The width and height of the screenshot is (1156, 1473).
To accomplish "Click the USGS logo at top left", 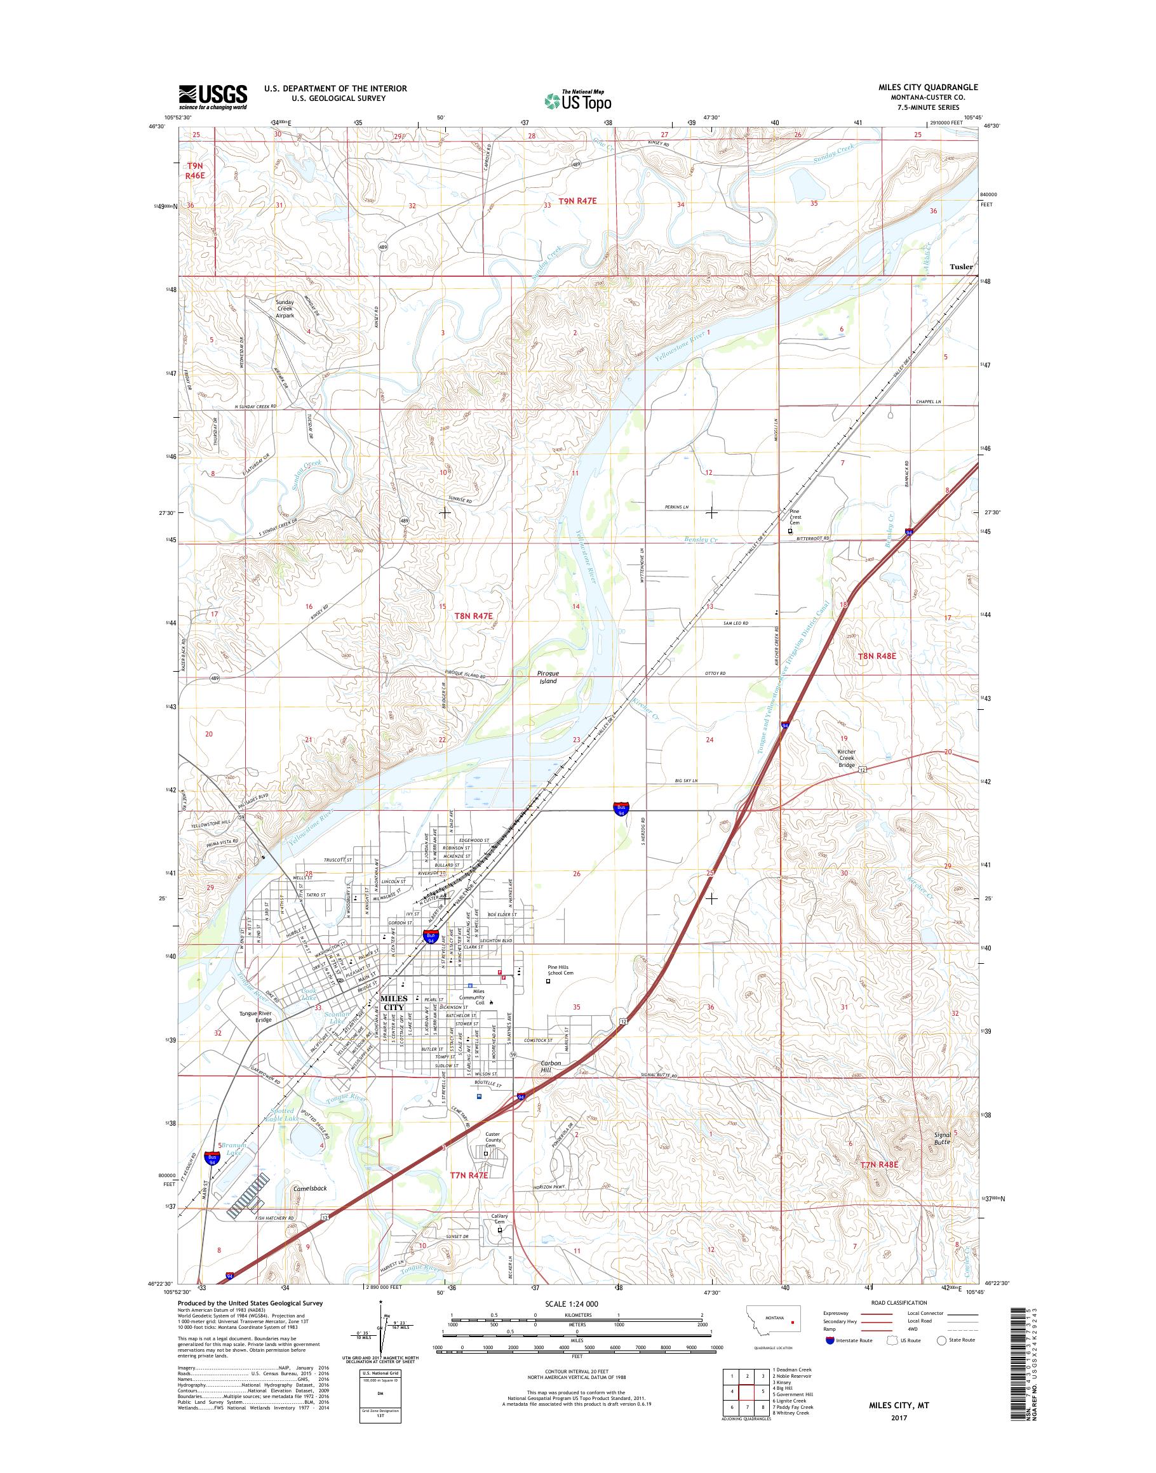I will [x=213, y=97].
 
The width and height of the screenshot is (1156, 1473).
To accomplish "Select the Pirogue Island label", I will [x=547, y=677].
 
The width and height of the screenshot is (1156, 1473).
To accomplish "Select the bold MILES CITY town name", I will [x=394, y=1022].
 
